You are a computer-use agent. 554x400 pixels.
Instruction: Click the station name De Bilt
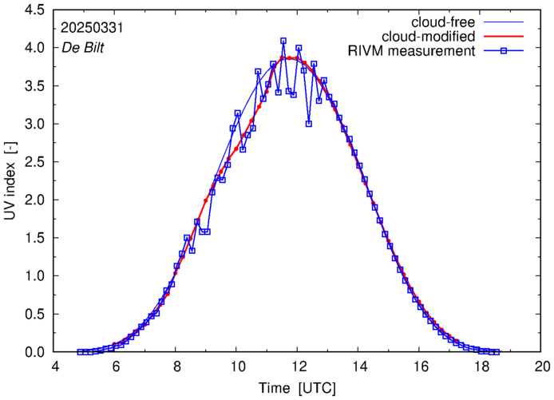coord(82,47)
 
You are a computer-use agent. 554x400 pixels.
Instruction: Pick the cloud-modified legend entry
coord(429,37)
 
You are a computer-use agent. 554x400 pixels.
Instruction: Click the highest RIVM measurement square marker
coord(283,41)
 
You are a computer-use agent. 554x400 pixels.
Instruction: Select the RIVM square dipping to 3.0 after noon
coord(309,124)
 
